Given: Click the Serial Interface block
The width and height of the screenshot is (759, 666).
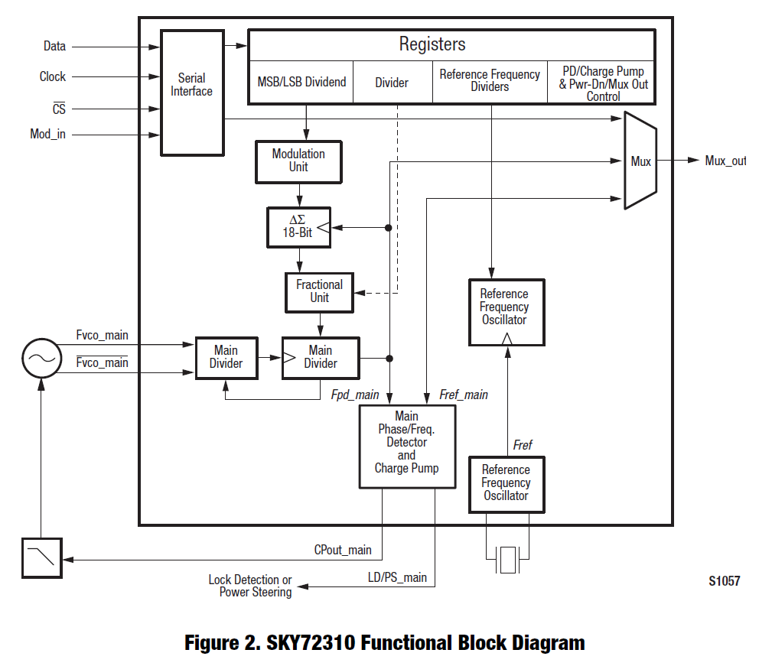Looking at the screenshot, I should (191, 93).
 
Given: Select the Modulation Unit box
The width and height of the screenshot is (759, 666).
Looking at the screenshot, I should (298, 161).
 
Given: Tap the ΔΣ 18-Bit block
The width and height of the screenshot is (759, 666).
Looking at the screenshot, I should (299, 226).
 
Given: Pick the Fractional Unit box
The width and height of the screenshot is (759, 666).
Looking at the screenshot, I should (319, 291).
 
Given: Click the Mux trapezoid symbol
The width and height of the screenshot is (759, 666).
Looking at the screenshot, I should (640, 161).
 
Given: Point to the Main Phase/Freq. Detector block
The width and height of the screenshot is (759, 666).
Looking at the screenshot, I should (407, 447).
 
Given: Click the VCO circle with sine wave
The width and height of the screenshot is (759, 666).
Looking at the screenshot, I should (41, 358).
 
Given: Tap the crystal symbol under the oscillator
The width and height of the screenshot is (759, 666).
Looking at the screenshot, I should (507, 559).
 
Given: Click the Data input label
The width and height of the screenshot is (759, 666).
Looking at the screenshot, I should (54, 47).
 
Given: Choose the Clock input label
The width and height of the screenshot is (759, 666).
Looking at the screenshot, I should (53, 77).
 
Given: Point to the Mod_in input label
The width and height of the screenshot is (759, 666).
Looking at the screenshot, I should (47, 135).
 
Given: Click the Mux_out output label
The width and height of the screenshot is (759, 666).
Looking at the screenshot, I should (725, 161).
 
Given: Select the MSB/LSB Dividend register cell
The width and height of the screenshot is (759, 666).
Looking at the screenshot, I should (301, 83).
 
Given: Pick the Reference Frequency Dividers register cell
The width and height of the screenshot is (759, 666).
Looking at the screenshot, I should (490, 81).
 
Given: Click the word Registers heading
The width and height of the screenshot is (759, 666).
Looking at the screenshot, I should (432, 44).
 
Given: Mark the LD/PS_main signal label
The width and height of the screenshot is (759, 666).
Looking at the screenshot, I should (397, 577).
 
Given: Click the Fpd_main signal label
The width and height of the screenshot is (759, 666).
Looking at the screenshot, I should (355, 395).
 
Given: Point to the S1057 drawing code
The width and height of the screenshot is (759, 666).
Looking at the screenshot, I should (724, 581).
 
